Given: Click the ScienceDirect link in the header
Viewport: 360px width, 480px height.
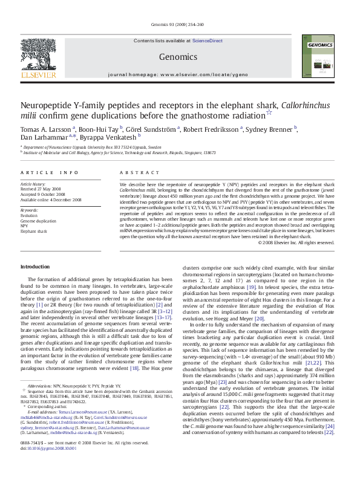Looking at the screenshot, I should coord(207,41).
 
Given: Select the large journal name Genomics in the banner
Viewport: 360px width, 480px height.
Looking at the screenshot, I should coord(178,57).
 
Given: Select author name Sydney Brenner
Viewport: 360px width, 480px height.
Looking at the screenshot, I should coord(270,129).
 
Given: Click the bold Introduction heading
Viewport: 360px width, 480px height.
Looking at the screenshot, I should coord(35,267).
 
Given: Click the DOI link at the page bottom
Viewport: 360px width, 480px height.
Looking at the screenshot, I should coord(50,465).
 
